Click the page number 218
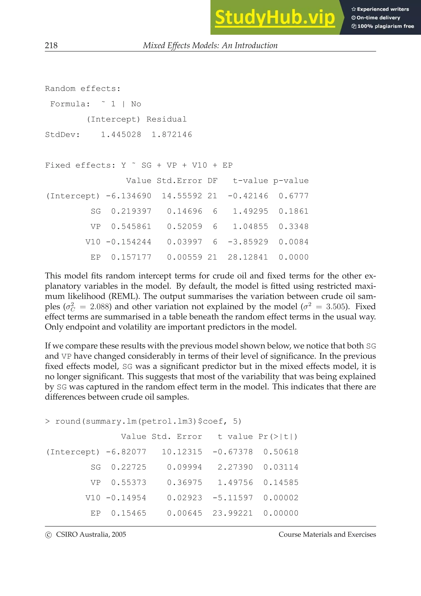(51, 45)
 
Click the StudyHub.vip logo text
(275, 17)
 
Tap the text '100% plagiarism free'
(385, 26)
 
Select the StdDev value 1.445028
(121, 135)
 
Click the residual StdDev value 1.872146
(172, 135)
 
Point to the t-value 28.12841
(248, 257)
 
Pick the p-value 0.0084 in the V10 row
(294, 242)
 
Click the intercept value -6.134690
(128, 196)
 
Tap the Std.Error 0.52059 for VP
(184, 227)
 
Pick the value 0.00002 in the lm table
(281, 498)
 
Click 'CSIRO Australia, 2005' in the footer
(91, 535)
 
